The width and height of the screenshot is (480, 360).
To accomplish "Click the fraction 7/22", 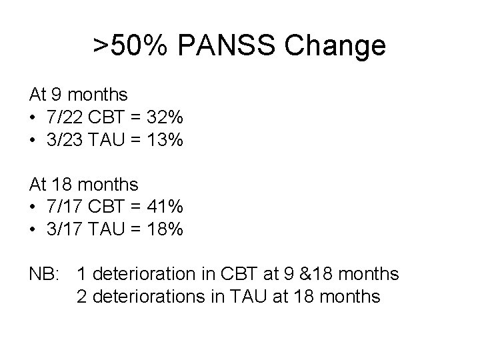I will [63, 118].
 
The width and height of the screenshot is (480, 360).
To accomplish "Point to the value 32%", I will [166, 118].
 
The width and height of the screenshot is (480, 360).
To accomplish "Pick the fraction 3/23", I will [63, 140].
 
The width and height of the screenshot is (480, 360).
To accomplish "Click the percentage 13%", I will [165, 140].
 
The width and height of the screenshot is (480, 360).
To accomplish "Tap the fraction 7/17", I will [63, 207].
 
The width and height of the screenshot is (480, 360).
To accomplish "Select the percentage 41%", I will [166, 207].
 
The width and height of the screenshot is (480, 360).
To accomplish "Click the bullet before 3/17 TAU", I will [33, 229].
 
